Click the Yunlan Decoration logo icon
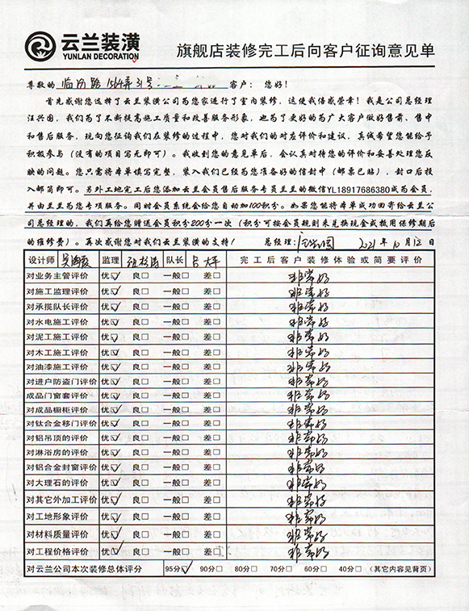coord(41,47)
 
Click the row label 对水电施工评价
coord(58,320)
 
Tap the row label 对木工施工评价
coord(58,352)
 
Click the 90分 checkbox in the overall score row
coord(216,570)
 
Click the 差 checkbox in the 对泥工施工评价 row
coord(216,337)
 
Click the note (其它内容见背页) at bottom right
coord(401,570)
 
